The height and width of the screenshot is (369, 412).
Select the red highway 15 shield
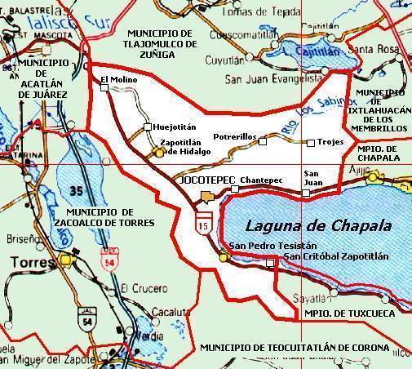(202, 223)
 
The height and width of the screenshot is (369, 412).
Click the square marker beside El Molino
(104, 90)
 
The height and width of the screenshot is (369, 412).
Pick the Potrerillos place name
(235, 137)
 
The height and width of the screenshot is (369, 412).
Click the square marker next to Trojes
(310, 143)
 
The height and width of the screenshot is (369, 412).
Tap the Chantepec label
(262, 178)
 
